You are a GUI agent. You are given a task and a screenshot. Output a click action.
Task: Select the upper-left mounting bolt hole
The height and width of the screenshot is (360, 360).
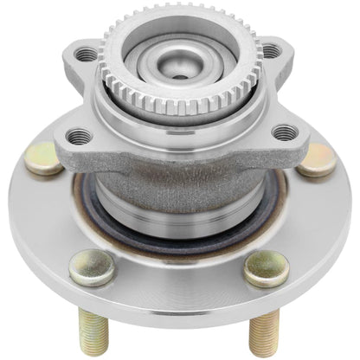85,55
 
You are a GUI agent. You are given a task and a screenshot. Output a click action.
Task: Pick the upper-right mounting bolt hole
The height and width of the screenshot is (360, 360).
272,52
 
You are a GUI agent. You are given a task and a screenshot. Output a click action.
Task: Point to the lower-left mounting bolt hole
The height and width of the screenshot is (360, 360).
80,134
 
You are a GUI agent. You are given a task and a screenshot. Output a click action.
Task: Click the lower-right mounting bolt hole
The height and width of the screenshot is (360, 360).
284,132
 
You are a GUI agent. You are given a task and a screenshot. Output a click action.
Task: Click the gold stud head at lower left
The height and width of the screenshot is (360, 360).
92,267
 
